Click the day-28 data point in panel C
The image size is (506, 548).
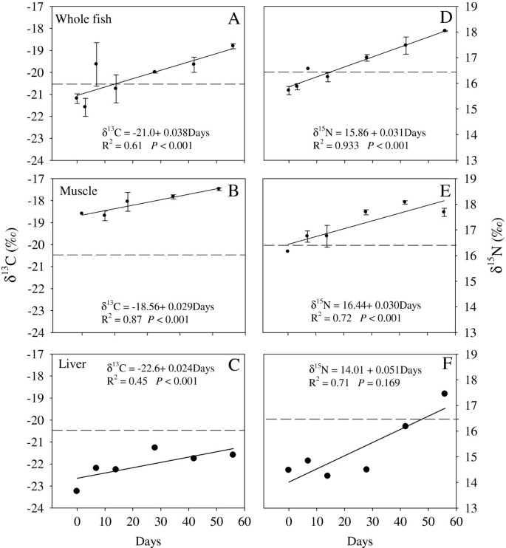pos(154,448)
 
